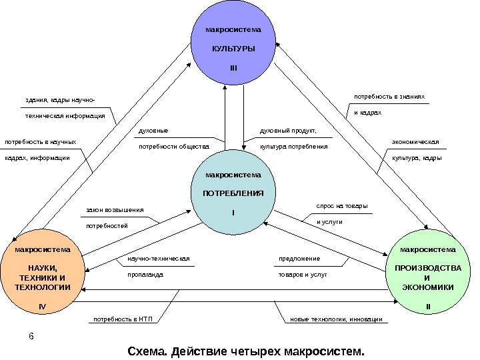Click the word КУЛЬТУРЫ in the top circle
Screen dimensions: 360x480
pos(233,50)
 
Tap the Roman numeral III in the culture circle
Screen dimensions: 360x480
pos(233,68)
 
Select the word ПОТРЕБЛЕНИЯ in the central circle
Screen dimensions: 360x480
pos(233,193)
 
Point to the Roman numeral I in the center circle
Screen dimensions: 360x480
pos(233,212)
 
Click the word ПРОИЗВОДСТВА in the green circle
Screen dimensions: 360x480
pos(427,268)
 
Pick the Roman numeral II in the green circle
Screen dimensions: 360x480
pos(428,307)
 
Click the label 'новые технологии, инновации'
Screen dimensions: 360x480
pos(335,319)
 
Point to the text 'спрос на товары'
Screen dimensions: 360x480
pos(341,206)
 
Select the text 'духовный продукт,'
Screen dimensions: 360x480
pos(287,131)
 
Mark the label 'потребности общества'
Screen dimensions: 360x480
pos(173,146)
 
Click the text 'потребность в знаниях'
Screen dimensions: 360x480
pos(389,97)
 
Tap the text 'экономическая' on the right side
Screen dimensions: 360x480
pos(415,142)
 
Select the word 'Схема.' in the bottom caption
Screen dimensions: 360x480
pos(148,350)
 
